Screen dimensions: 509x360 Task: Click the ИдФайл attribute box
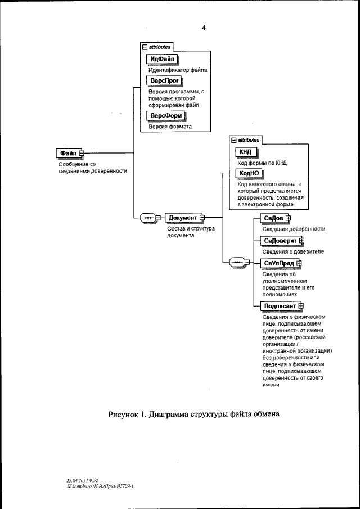point(161,59)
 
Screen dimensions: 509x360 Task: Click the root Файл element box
point(67,154)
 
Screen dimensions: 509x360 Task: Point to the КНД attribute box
point(246,152)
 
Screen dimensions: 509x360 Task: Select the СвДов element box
point(273,218)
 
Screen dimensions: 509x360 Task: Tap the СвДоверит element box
point(280,241)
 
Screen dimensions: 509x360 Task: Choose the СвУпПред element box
point(279,263)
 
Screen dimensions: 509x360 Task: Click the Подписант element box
point(279,306)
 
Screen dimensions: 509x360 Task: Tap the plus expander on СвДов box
point(289,218)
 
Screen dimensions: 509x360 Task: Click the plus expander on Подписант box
point(301,306)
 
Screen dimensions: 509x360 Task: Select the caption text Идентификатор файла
point(178,70)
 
